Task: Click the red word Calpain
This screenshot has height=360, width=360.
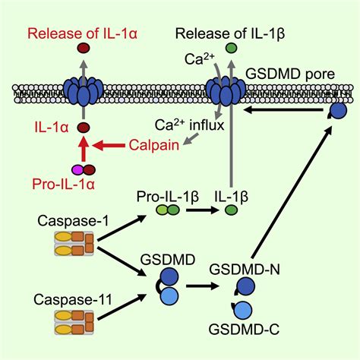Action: click(154, 145)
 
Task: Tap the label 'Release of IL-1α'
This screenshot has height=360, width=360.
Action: click(82, 33)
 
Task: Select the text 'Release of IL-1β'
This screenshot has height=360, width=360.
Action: click(230, 33)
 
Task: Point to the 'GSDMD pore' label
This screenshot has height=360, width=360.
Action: click(290, 74)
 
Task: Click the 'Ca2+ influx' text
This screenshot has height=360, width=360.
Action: click(189, 125)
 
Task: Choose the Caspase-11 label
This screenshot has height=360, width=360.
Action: click(73, 300)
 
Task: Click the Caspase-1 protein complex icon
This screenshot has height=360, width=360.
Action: click(74, 244)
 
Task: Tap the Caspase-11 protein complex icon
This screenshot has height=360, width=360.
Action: click(74, 322)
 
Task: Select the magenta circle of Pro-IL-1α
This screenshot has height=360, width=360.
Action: click(77, 170)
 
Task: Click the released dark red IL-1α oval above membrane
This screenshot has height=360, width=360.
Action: click(84, 48)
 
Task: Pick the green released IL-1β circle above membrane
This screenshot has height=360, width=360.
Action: click(231, 48)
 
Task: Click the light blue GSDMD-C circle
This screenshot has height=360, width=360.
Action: click(243, 310)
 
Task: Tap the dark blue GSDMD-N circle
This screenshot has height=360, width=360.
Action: click(245, 286)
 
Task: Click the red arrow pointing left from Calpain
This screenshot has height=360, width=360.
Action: click(109, 145)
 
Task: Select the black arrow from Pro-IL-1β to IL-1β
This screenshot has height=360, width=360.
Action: click(202, 210)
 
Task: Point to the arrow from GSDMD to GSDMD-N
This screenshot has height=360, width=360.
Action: click(202, 286)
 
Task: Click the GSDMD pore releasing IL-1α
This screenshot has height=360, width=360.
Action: click(84, 90)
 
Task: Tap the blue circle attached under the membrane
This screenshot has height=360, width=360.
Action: click(337, 111)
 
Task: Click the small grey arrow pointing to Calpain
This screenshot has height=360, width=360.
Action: click(191, 140)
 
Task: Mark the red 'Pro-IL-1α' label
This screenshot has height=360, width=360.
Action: click(63, 185)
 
